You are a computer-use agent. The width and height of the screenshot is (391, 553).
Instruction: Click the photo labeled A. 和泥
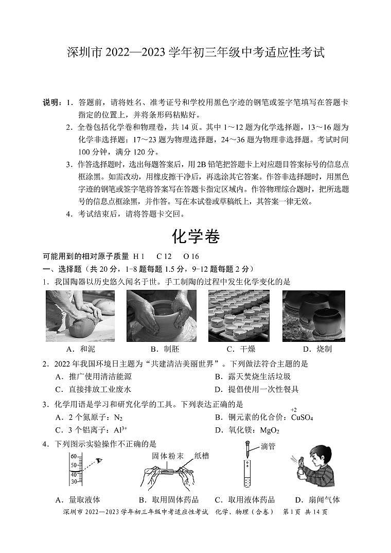tap(80, 315)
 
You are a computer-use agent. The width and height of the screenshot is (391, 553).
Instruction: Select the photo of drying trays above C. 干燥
tap(238, 315)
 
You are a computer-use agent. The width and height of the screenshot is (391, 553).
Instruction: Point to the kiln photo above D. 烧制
tap(313, 315)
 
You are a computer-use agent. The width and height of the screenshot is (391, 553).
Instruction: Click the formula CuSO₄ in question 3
tap(302, 417)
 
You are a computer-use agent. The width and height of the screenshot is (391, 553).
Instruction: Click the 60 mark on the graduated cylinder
tap(73, 457)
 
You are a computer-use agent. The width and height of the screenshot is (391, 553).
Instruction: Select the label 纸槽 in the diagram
tap(202, 456)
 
